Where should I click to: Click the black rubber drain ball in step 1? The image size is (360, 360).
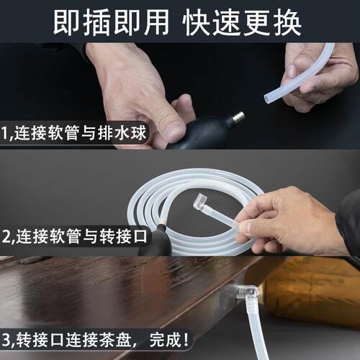[205, 129]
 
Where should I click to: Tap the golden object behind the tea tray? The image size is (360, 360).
[317, 288]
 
